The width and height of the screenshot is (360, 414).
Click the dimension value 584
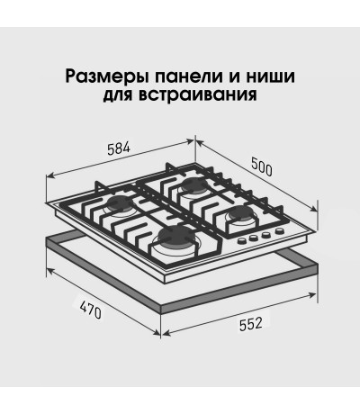[119, 149]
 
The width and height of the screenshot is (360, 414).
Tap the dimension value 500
[262, 167]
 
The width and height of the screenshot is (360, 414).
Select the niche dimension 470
[91, 310]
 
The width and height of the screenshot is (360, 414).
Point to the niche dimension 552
[251, 324]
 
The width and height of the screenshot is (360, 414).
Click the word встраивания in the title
[198, 94]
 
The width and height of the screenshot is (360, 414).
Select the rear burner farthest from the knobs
[193, 185]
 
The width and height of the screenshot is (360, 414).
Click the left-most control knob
[241, 240]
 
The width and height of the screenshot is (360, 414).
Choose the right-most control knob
[280, 231]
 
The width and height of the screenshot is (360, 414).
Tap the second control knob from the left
[254, 238]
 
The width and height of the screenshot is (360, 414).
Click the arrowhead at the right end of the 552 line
[312, 294]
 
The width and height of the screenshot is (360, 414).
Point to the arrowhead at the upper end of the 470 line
[50, 271]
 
